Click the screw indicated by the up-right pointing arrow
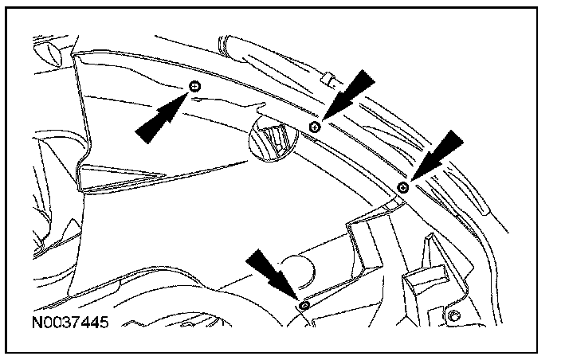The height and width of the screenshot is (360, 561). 196,86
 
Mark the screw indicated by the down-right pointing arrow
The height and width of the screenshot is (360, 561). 304,305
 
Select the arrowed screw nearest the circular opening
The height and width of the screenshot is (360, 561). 316,126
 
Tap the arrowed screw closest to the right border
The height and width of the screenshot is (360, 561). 403,187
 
